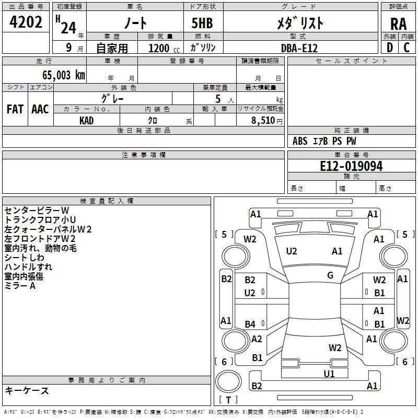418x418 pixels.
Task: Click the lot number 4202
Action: [26, 22]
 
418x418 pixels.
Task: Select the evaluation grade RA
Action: [398, 24]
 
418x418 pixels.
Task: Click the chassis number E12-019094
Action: [351, 166]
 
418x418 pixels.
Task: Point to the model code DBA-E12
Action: [299, 48]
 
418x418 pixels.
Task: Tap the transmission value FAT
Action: [15, 109]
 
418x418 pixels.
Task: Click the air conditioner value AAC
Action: [40, 109]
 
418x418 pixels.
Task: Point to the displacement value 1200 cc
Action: [162, 48]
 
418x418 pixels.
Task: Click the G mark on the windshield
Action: [330, 275]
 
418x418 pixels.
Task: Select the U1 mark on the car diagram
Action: [329, 374]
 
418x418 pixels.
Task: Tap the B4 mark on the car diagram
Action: [250, 324]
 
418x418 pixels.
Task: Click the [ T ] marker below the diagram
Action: [229, 400]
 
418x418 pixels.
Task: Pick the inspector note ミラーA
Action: [20, 286]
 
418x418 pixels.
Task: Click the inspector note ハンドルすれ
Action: [24, 267]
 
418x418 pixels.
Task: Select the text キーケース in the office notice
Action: [27, 391]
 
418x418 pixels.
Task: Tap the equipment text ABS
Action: [300, 141]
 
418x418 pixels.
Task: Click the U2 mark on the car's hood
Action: [292, 251]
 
